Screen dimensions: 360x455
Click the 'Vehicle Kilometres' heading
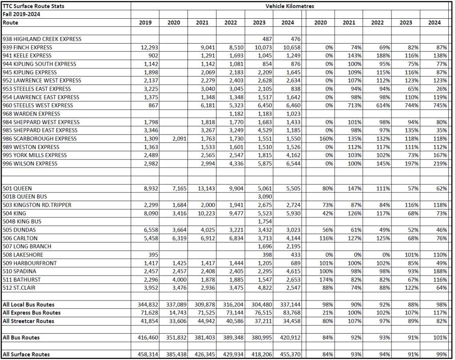tap(290, 6)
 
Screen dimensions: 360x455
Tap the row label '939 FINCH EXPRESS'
tap(28, 48)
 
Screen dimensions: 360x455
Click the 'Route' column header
tap(10, 23)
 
